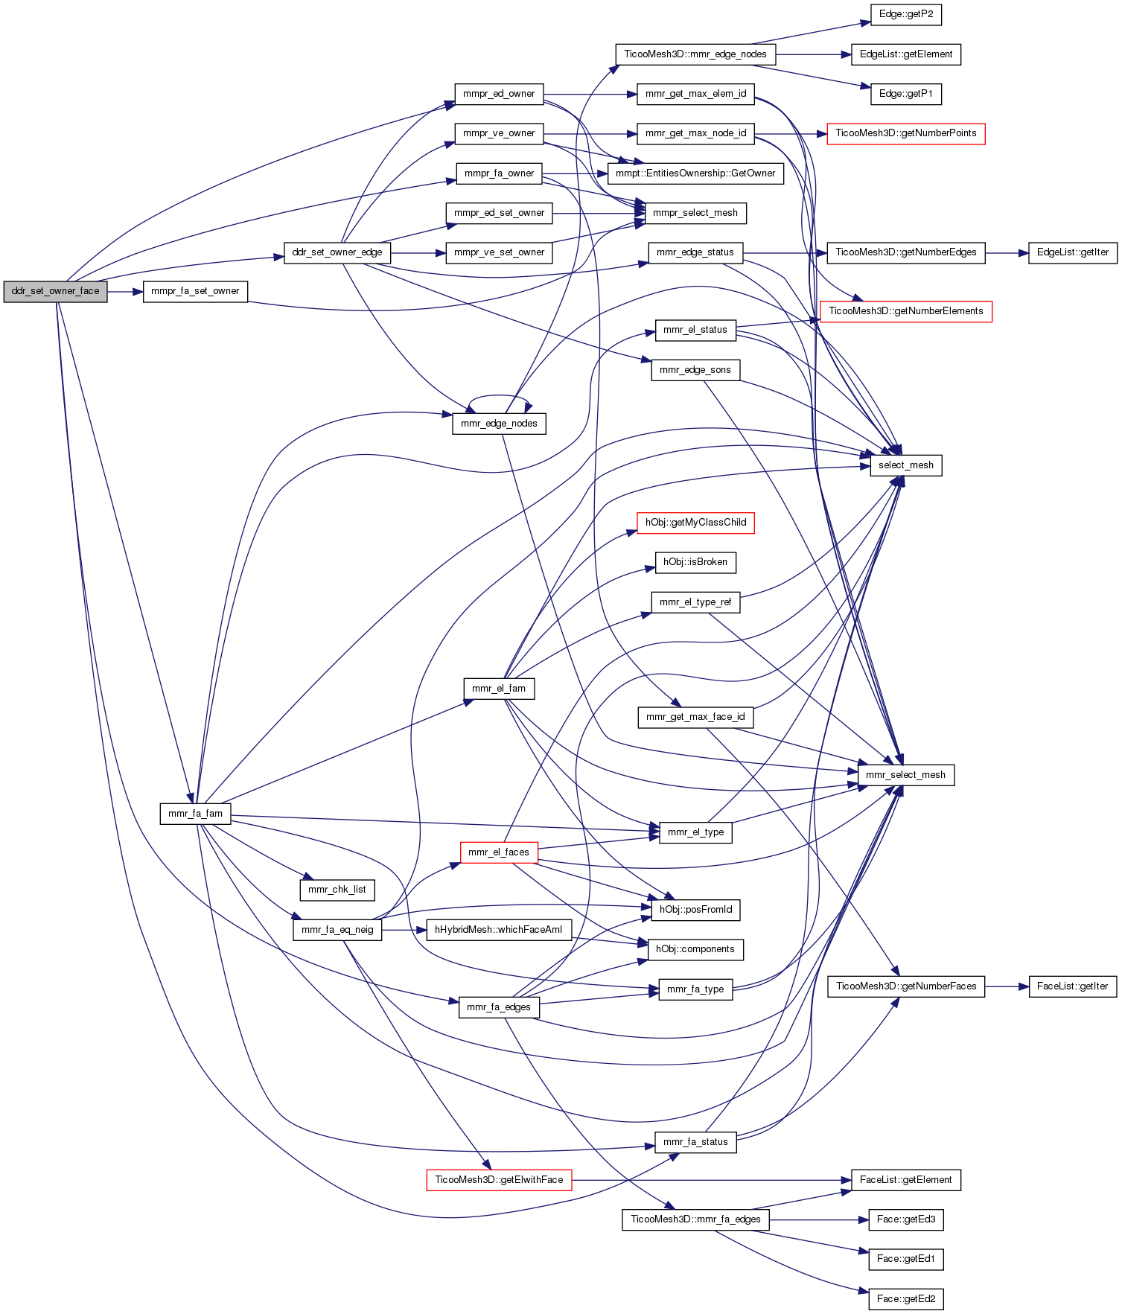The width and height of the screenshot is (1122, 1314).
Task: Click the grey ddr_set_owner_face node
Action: click(55, 291)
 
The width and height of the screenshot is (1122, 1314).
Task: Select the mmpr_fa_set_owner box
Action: click(195, 291)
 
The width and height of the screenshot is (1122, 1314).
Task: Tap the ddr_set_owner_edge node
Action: click(337, 252)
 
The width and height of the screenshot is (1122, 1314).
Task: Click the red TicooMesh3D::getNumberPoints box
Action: click(906, 133)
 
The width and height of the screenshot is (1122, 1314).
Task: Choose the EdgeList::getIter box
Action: click(1073, 252)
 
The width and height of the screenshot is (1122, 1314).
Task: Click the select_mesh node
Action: click(906, 465)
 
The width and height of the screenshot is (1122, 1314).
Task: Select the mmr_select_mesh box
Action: click(906, 775)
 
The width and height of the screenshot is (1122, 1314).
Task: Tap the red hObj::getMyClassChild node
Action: click(696, 523)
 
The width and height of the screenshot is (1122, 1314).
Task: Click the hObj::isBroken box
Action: click(696, 562)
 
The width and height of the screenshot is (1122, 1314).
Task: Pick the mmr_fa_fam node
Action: click(195, 814)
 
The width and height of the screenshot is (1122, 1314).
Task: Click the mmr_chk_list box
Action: click(337, 890)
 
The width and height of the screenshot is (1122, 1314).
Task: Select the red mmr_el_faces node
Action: click(499, 852)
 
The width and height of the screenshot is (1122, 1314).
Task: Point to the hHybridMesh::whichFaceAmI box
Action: click(499, 930)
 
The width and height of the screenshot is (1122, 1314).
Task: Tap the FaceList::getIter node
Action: click(1073, 986)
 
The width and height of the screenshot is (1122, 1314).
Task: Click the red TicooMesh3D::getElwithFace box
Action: click(499, 1180)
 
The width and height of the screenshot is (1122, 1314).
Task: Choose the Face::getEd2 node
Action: click(906, 1299)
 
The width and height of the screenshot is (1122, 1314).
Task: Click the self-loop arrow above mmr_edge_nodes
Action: click(499, 395)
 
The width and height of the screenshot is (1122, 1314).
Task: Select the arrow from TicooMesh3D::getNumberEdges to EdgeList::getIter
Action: click(1007, 252)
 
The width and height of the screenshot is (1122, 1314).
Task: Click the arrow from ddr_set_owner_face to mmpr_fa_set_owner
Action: click(125, 292)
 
